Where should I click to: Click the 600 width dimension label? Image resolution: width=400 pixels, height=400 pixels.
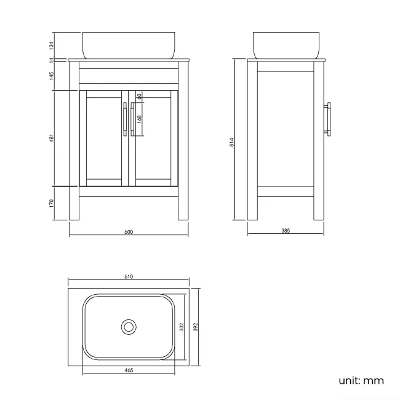129,232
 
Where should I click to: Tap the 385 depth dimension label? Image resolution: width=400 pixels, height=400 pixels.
285,231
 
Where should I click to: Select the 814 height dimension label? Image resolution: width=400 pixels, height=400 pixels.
231,142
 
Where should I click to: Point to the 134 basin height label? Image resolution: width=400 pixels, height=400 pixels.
53,45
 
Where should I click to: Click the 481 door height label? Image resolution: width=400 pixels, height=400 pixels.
53,138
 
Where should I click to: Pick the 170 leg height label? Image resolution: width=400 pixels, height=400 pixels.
53,202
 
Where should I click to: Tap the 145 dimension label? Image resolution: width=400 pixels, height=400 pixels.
53,75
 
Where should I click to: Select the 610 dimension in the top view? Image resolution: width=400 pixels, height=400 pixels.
129,277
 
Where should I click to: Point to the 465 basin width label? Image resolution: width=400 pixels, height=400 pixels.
129,370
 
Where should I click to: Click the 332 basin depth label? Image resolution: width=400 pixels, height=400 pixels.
182,327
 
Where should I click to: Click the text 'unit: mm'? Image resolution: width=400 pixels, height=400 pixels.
361,380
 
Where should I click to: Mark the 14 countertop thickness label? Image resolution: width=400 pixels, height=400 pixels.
53,60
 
